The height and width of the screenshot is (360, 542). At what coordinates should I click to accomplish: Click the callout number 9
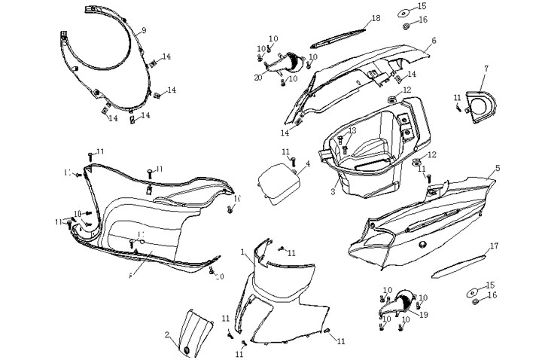144,30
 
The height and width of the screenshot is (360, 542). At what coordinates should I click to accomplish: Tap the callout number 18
375,18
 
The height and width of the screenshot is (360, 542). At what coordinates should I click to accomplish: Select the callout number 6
434,41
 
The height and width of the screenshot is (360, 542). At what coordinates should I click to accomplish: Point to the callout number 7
486,69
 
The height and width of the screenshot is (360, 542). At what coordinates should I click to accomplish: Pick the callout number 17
494,246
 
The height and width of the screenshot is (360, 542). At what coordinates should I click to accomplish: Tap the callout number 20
257,78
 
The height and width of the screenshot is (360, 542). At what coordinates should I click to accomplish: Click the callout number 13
352,131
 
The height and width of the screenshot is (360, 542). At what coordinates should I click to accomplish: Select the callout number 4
308,163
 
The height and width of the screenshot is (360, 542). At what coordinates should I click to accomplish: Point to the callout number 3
333,192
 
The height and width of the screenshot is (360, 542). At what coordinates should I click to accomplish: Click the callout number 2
167,335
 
